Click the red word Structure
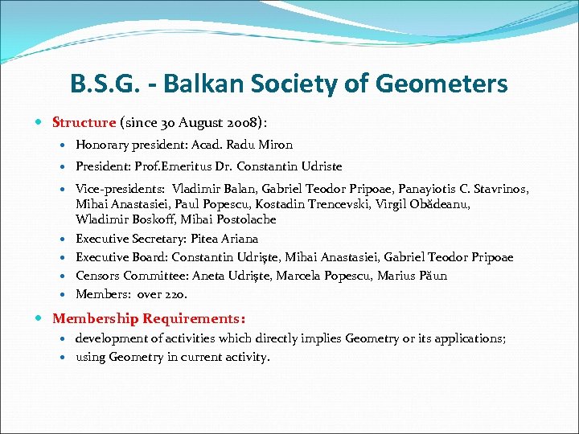click(84, 123)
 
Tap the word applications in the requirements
click(470, 338)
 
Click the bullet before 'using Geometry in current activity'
click(65, 357)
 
